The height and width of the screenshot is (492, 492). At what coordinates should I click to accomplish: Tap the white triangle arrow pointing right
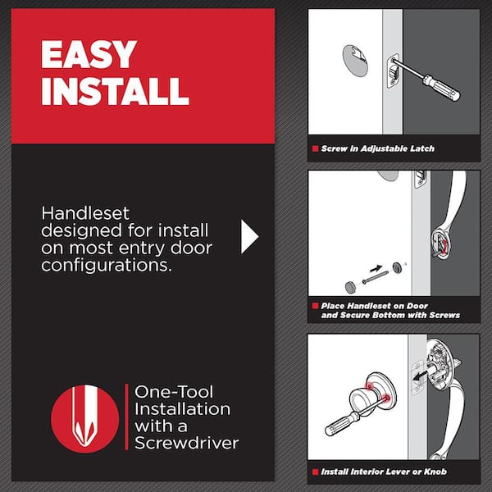pyautogui.click(x=249, y=236)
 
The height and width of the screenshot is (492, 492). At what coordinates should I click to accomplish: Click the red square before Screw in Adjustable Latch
pyautogui.click(x=314, y=148)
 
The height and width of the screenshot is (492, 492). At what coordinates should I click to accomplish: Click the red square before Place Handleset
pyautogui.click(x=314, y=305)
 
